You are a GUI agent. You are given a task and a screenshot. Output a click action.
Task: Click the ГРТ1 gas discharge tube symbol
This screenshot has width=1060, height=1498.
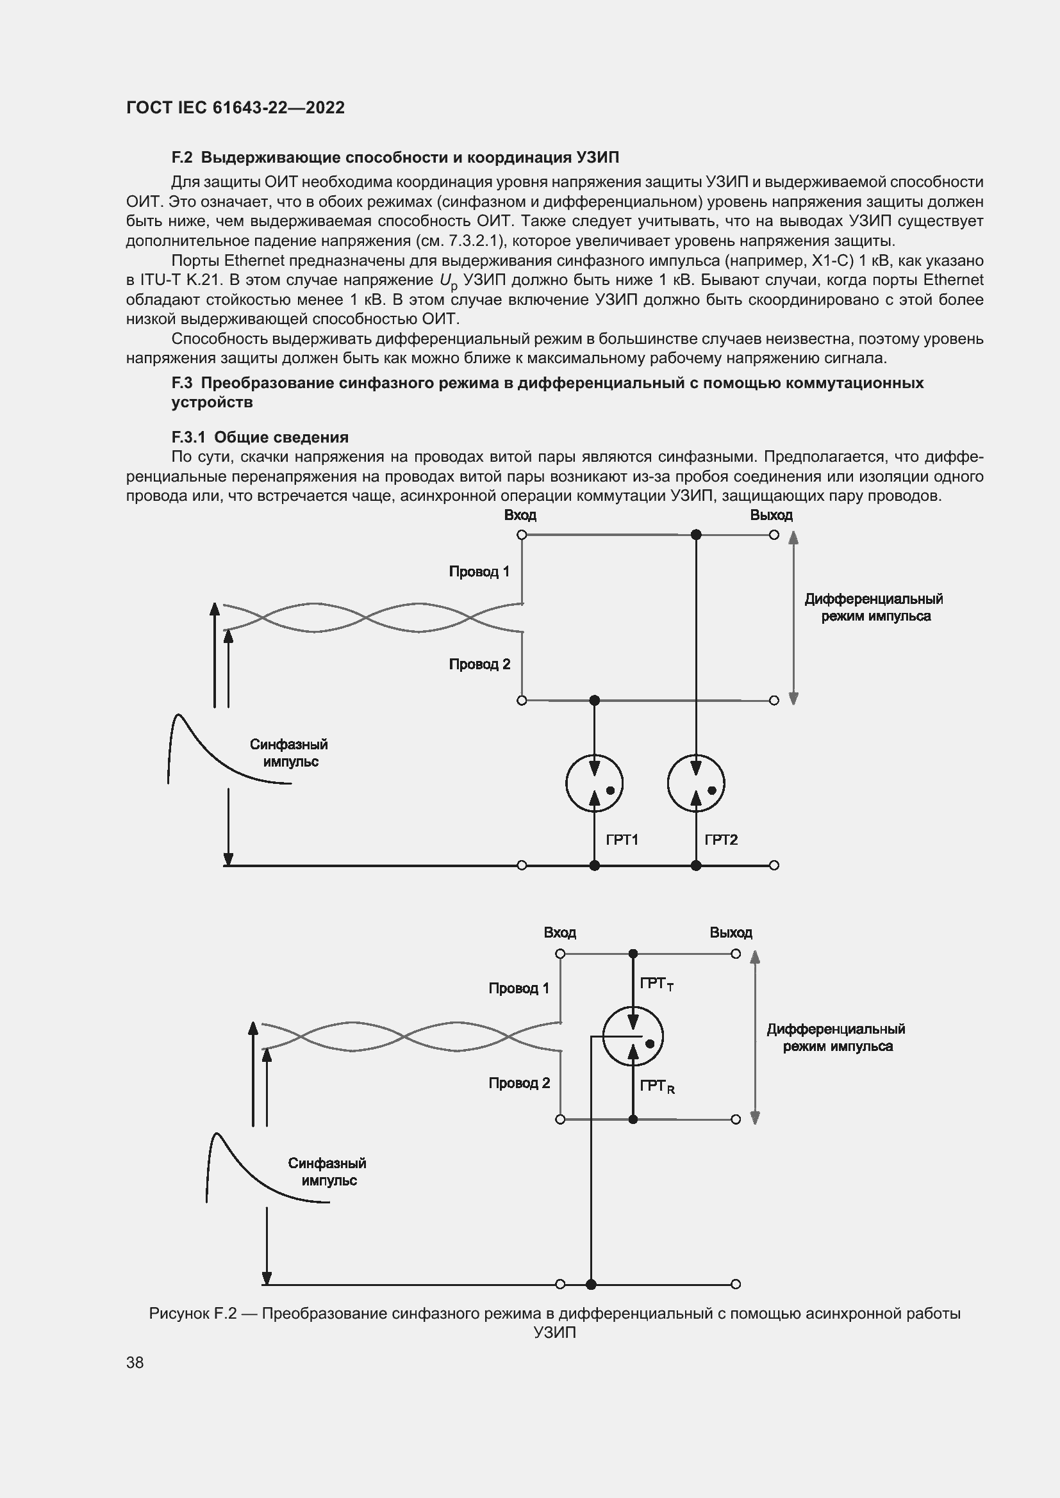tap(594, 783)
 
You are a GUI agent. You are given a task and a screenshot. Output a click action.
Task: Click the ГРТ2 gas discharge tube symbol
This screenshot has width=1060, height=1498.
tap(696, 783)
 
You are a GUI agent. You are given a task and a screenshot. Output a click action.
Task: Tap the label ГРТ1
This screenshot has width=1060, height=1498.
tap(622, 840)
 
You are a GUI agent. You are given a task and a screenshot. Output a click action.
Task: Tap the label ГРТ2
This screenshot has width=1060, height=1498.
tap(720, 840)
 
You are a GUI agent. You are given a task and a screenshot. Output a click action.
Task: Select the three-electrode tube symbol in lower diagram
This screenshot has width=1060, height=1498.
tap(633, 1036)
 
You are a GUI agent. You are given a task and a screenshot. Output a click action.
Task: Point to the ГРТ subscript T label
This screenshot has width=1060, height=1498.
tap(657, 984)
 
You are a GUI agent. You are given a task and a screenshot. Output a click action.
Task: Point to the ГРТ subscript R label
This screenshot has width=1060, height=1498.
tap(657, 1086)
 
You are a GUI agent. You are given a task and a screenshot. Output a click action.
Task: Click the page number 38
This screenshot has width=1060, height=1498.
tap(135, 1362)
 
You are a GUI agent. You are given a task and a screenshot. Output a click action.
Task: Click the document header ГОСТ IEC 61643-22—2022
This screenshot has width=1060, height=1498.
tap(235, 108)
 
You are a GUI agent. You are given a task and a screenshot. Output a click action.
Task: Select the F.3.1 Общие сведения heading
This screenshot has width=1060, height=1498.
tap(260, 437)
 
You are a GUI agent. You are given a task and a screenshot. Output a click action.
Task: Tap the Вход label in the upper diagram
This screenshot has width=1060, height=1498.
tap(520, 516)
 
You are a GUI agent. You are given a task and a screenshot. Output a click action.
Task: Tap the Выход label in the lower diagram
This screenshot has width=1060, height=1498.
tap(731, 933)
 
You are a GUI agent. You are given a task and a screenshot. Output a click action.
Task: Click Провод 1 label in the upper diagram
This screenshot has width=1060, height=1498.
tap(479, 571)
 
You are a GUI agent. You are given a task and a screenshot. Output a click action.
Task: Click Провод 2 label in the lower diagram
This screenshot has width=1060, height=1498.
tap(519, 1083)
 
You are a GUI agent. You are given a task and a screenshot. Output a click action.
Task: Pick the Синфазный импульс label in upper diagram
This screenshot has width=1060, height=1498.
tap(288, 753)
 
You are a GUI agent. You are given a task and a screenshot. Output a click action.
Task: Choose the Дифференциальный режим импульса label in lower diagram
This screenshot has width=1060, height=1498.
tap(836, 1038)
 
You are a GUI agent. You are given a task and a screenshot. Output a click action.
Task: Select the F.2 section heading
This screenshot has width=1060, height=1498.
tap(395, 158)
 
